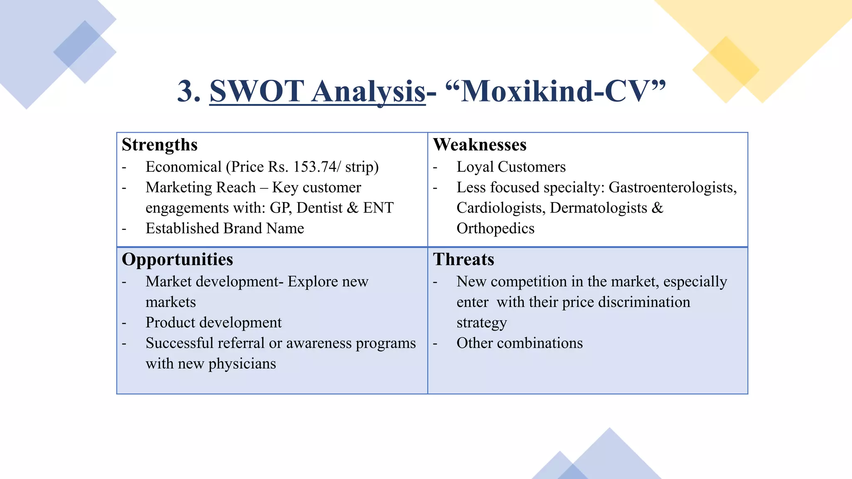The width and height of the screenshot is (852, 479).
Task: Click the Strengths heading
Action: point(159,145)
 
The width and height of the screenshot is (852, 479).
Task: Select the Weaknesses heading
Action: point(480,145)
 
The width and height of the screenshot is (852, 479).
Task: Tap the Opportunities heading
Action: point(177,259)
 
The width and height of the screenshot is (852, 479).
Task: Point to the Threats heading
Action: point(463,259)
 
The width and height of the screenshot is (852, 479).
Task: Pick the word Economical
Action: point(183,167)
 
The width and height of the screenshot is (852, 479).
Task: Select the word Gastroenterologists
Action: point(672,188)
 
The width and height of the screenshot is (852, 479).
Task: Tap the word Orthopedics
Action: point(495,228)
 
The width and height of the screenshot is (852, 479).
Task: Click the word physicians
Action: point(242,364)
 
